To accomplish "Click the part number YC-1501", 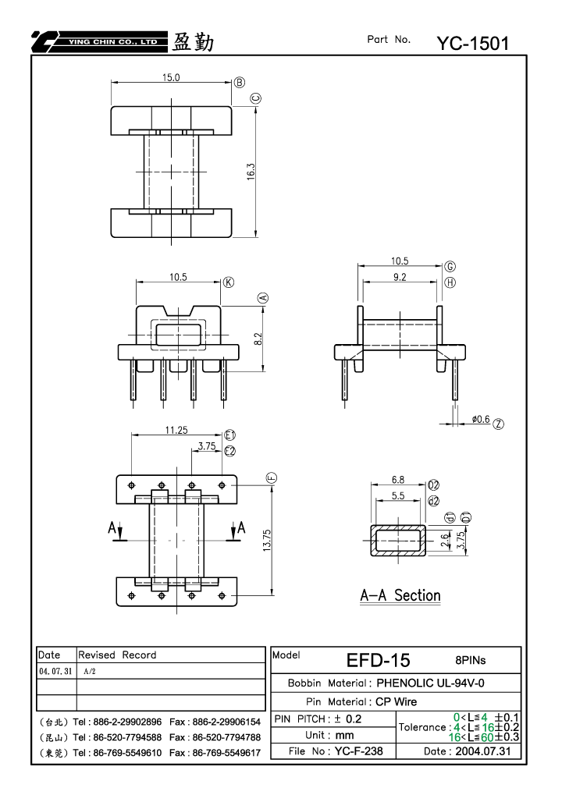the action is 473,44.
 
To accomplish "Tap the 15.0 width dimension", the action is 171,77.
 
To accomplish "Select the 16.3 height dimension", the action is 251,172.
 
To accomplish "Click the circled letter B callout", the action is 240,83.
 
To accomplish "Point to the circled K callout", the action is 229,282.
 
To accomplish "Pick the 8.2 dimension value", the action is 258,339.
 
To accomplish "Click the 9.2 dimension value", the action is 400,277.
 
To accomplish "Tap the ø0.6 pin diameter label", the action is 480,419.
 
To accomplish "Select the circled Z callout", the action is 499,424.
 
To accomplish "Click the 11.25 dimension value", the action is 176,430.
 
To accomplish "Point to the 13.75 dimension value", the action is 267,541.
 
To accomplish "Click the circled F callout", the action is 272,477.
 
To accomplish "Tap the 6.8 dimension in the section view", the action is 398,480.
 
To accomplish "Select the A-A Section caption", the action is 400,595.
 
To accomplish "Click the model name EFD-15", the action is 378,660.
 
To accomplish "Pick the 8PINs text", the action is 470,660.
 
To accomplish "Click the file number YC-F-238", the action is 358,751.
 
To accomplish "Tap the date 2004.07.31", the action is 483,751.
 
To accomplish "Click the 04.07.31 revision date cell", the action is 55,671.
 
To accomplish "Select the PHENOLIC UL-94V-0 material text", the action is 430,683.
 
